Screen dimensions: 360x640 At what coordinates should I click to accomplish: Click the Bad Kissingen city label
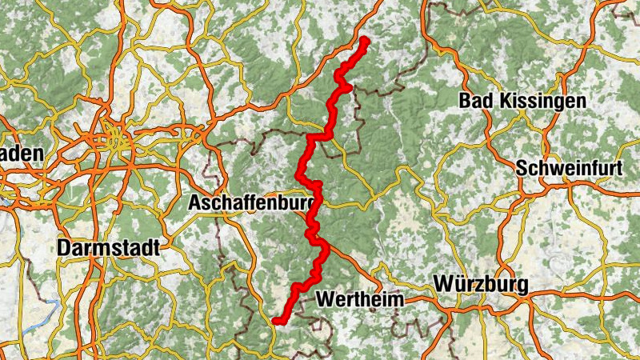[x=522, y=101]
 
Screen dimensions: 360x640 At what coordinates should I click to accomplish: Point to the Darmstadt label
[x=108, y=248]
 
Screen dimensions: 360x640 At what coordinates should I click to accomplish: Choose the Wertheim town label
[x=359, y=299]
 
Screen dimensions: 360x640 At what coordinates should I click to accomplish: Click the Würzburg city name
[x=481, y=285]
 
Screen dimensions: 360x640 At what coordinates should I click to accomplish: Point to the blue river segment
[x=36, y=316]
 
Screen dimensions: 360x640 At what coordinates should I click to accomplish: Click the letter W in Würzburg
[x=442, y=285]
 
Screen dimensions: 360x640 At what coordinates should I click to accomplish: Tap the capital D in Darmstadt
[x=64, y=248]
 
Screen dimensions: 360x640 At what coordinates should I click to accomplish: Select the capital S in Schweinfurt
[x=522, y=169]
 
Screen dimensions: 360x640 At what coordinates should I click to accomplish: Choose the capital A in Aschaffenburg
[x=195, y=204]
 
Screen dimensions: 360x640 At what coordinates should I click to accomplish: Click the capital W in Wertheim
[x=325, y=299]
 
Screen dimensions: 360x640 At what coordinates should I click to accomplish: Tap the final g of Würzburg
[x=522, y=286]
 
